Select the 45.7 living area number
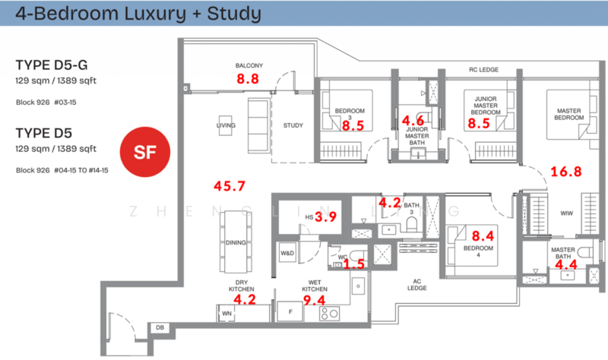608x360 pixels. point(229,185)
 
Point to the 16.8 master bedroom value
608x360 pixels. point(565,172)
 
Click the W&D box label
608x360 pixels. point(288,252)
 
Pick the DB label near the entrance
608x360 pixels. point(159,327)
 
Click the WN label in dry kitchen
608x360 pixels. point(226,312)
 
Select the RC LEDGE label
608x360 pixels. point(483,70)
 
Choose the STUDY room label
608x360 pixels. point(293,125)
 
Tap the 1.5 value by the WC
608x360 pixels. point(352,264)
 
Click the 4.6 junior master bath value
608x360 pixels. point(413,120)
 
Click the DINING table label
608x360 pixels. point(234,243)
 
